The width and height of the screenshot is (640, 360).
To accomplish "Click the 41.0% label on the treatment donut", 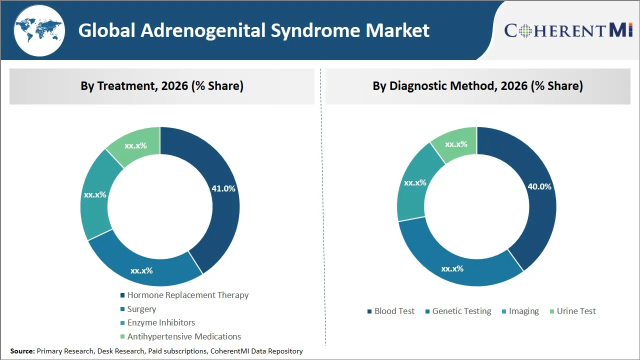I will tap(223, 188).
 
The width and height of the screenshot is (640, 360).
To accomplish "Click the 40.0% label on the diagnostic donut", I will tap(539, 186).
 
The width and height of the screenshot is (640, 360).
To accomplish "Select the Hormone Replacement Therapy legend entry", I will tap(187, 295).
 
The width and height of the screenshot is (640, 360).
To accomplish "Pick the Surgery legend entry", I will tap(141, 309).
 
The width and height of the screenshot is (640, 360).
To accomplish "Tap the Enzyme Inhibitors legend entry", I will tap(161, 322).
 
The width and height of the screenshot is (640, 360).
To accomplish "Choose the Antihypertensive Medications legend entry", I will tap(184, 336).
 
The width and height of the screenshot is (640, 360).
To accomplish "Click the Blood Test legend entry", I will tap(394, 311).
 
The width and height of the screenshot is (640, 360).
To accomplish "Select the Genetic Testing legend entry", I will tap(461, 311).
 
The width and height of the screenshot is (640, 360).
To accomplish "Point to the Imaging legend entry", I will tap(523, 311).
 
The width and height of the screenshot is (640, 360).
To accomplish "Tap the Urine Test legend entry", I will tap(576, 311).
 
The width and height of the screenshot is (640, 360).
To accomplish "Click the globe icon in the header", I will tap(39, 30).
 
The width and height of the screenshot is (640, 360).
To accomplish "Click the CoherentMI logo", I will tap(568, 30).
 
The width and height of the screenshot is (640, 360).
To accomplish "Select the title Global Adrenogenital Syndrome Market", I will tap(253, 30).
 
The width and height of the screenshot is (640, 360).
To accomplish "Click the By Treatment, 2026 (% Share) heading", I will tap(162, 86).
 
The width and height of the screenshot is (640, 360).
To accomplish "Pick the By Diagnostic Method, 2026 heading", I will tap(477, 86).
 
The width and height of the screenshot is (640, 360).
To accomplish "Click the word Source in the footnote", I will tap(22, 351).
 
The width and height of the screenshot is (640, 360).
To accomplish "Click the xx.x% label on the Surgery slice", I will tap(141, 270).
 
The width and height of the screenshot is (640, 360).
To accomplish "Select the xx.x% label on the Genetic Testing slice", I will tap(452, 268).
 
